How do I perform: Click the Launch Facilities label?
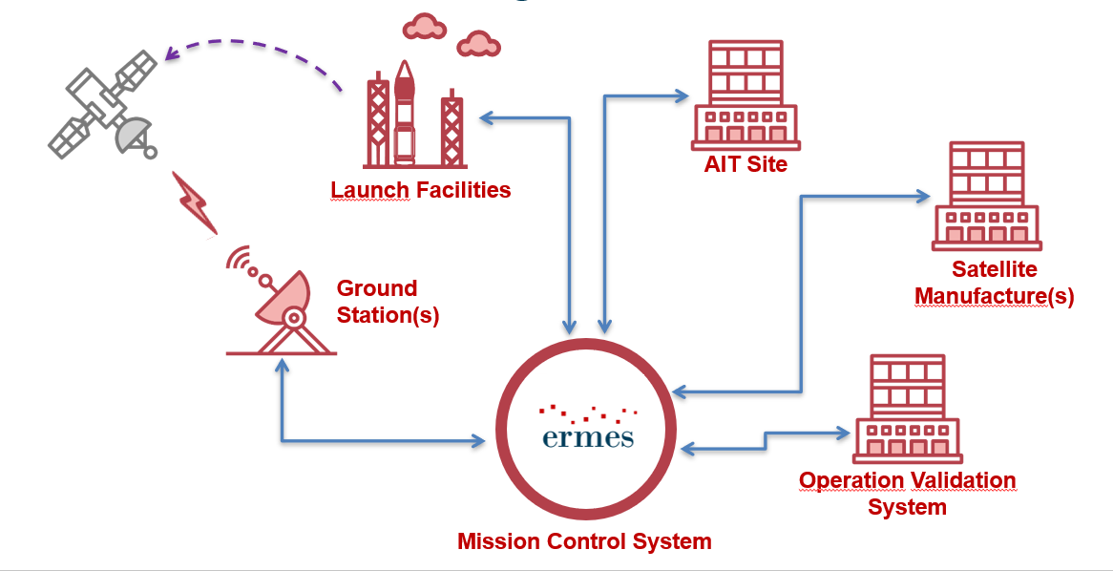(420, 190)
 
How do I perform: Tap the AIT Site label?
(745, 164)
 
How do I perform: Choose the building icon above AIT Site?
(745, 95)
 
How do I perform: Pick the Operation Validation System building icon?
(908, 409)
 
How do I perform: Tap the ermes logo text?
(586, 436)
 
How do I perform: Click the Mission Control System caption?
(584, 541)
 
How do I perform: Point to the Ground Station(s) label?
(388, 302)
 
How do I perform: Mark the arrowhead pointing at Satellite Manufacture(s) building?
(924, 197)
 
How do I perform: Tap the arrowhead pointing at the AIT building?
(682, 95)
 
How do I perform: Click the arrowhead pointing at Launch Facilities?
(485, 118)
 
